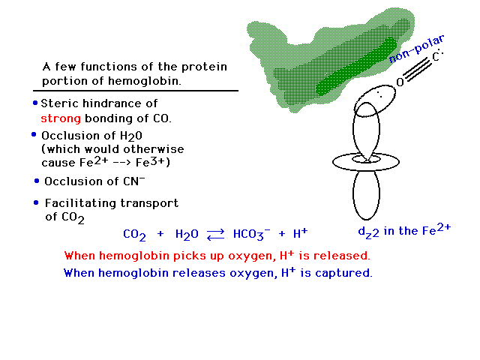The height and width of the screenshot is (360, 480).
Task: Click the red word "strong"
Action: pos(61,118)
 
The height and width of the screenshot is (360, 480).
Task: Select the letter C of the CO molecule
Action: pos(436,57)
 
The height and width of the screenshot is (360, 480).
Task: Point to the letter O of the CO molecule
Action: pos(400,82)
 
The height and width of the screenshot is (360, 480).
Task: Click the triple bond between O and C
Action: pos(418,70)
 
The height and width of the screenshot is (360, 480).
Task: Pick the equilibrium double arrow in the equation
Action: pos(215,235)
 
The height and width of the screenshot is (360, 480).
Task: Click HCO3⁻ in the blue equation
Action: pos(252,234)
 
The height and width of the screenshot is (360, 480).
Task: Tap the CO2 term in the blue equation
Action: pos(134,235)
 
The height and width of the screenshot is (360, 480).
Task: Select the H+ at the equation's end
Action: pos(300,233)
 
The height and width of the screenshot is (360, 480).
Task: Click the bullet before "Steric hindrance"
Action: pos(35,103)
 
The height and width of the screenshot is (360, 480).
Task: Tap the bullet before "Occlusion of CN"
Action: pos(37,181)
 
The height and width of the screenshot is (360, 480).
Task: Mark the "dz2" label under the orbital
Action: pos(368,232)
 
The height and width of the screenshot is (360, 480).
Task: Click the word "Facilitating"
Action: pos(81,203)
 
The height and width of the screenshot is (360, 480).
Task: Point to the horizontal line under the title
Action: pos(136,91)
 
